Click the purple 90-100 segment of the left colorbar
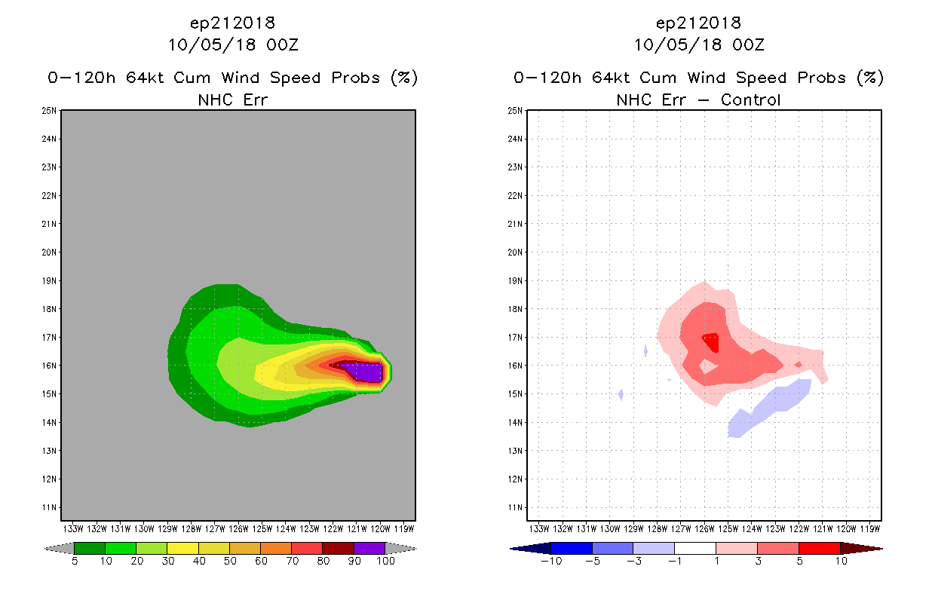(369, 548)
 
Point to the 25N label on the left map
(50, 111)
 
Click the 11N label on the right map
(516, 507)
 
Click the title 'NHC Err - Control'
(698, 99)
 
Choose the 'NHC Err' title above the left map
(232, 99)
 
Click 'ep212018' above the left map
(233, 23)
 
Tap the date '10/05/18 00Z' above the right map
(699, 44)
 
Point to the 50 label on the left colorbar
(229, 561)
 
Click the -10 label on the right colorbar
(550, 561)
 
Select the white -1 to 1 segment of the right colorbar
(694, 548)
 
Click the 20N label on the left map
(50, 253)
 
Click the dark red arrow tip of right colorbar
(860, 548)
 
